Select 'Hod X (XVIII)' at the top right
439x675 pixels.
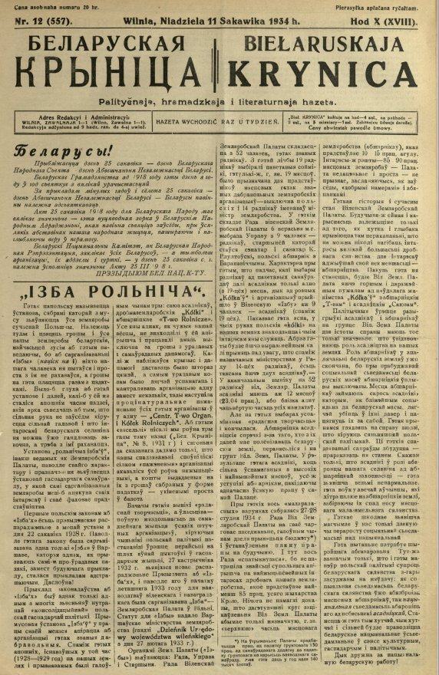pos(393,21)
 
